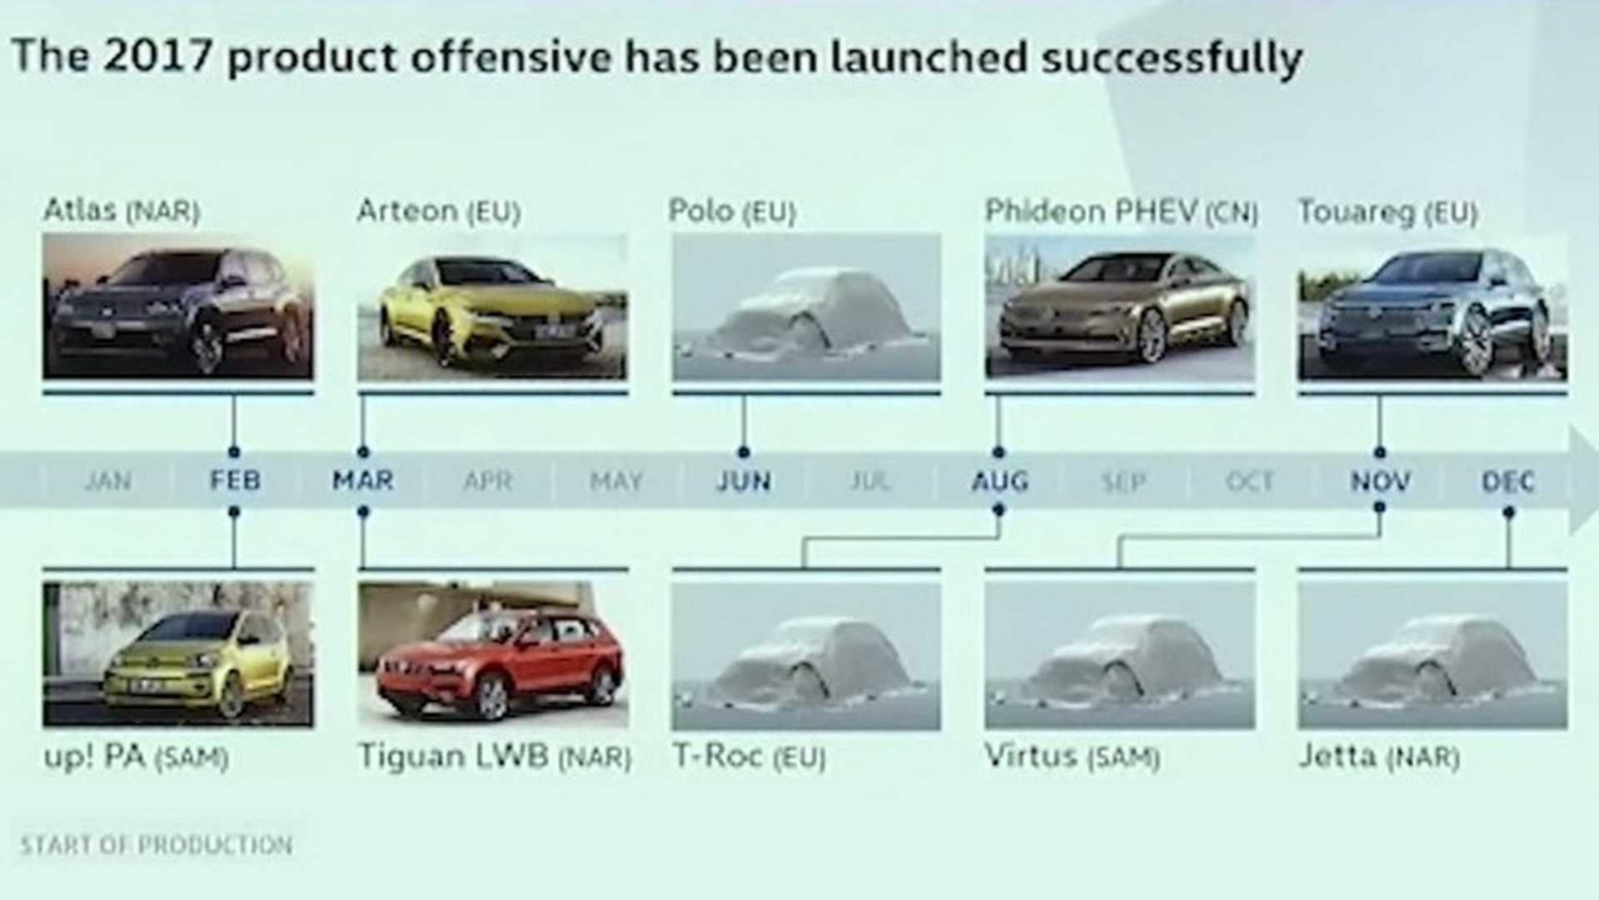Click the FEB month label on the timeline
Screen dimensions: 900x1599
click(235, 481)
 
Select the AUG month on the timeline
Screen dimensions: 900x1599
click(999, 482)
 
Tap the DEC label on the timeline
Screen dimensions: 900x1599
click(1507, 482)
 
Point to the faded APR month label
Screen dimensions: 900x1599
click(488, 482)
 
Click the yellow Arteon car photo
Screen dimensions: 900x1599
click(492, 307)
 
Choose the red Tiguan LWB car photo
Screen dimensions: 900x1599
click(492, 654)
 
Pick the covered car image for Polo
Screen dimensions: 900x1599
click(806, 307)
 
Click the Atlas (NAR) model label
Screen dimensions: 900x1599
click(122, 211)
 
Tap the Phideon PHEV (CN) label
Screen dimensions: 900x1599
click(1120, 212)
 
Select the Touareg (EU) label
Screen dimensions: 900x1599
click(1387, 212)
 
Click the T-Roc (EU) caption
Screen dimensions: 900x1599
click(749, 757)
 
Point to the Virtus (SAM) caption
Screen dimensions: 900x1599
click(1072, 757)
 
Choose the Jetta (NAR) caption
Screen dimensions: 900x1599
click(1378, 757)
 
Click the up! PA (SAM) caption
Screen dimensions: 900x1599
click(136, 757)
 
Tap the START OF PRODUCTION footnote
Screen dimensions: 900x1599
click(157, 845)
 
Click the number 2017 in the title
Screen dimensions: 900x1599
click(159, 57)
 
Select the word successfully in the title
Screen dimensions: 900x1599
click(1172, 58)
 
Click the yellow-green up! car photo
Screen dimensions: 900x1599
click(178, 654)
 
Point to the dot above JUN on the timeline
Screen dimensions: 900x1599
click(744, 452)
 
